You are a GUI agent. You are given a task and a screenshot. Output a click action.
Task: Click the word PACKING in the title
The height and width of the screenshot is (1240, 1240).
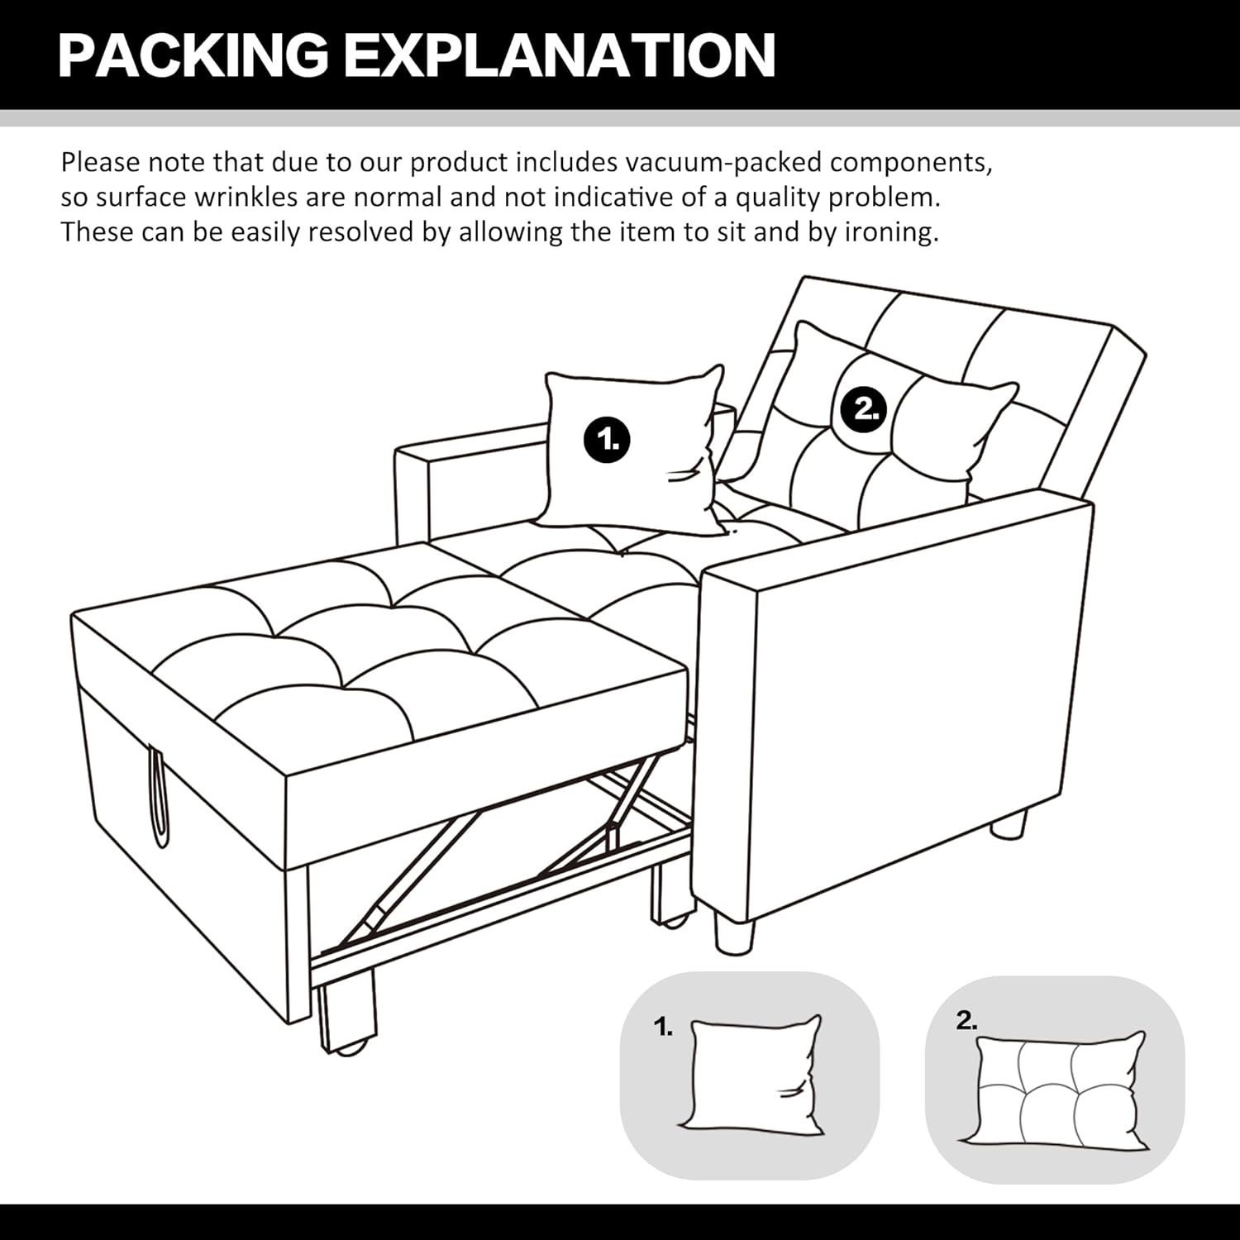193,55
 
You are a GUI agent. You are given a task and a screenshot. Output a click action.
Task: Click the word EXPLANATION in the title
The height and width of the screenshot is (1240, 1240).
559,55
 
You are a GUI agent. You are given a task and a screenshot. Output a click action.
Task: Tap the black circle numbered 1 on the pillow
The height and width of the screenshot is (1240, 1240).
608,439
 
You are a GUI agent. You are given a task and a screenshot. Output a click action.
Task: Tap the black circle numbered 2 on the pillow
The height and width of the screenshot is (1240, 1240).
864,408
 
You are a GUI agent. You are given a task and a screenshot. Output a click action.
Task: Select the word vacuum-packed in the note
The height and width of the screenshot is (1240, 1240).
723,162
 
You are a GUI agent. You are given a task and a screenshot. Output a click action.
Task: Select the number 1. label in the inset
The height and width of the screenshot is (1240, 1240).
663,1028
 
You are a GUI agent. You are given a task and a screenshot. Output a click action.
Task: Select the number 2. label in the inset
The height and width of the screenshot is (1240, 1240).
966,1021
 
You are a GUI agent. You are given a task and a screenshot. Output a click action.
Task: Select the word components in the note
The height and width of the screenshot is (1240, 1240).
909,162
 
